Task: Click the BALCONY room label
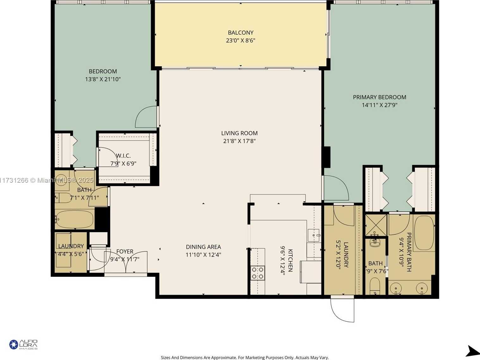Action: [240, 33]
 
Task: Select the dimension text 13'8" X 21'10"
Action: [103, 79]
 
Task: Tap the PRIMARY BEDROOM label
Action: [379, 97]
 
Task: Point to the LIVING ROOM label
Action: [239, 133]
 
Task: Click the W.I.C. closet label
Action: [123, 156]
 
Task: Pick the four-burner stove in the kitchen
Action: [258, 273]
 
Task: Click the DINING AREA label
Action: [203, 247]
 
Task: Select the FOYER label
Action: [125, 251]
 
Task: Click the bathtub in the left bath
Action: [75, 219]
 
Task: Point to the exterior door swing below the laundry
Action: [342, 310]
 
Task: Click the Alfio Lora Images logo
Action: [23, 344]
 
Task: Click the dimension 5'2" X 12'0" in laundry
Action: [338, 255]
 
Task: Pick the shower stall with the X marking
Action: [376, 225]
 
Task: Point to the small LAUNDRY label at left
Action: [71, 246]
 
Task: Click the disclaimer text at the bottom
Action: [245, 357]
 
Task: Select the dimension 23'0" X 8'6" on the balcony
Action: [240, 41]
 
